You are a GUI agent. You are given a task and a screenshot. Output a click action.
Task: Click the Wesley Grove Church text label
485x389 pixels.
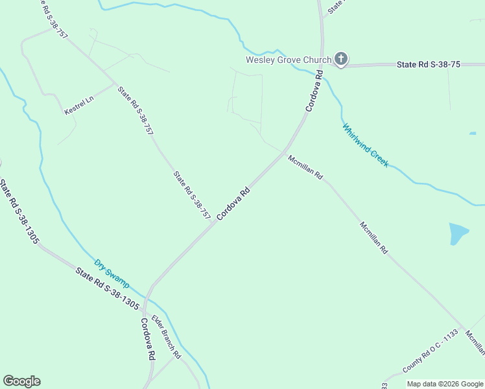tap(288, 60)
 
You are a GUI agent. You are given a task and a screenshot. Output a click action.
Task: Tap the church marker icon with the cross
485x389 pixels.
tap(341, 60)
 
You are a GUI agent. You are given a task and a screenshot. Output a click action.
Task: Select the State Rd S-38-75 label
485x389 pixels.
tap(428, 65)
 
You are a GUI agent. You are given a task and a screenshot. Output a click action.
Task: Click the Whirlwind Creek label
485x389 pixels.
tap(366, 145)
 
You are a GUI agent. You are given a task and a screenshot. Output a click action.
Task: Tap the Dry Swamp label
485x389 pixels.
tap(112, 274)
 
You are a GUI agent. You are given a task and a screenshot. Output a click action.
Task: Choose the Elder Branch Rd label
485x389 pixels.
tap(167, 337)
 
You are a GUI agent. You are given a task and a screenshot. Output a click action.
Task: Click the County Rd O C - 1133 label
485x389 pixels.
tap(431, 351)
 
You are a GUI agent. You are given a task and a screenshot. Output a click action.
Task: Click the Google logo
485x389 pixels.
tap(21, 381)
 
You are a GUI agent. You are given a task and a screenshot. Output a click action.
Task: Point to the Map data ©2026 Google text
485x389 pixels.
tap(445, 384)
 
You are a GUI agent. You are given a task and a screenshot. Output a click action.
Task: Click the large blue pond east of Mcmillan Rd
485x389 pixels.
tap(458, 233)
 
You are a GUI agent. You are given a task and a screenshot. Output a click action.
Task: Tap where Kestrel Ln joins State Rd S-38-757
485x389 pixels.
tap(115, 84)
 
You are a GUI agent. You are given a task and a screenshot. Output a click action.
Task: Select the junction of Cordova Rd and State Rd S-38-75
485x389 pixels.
tap(322, 65)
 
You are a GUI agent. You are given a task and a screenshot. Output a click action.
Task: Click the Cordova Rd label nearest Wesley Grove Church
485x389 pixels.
tap(314, 91)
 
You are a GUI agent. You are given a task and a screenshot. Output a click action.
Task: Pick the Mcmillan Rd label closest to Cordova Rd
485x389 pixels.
tap(305, 167)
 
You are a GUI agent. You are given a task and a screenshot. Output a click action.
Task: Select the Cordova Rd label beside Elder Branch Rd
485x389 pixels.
tap(147, 338)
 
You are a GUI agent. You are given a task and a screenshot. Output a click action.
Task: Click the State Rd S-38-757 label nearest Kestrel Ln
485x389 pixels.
tap(136, 110)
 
